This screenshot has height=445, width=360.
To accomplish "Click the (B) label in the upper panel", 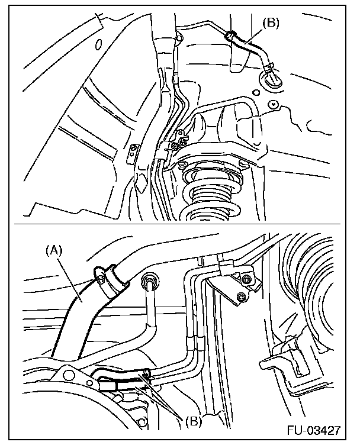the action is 270,23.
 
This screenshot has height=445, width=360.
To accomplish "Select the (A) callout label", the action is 54,251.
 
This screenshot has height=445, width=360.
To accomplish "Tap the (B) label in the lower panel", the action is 194,421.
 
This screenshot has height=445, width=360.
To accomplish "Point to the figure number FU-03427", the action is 313,430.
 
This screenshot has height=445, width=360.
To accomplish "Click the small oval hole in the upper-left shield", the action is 98,44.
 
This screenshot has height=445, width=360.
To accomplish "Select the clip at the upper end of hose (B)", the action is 230,36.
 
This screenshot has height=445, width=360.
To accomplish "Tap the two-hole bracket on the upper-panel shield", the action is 132,153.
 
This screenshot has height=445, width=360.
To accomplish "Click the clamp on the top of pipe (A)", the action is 111,279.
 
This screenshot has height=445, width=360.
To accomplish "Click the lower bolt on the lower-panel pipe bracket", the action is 241,296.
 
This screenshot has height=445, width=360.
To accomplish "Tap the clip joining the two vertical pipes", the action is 195,343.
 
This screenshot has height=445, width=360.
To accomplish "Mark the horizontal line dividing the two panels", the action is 178,224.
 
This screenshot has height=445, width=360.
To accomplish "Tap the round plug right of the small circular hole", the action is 273,104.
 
